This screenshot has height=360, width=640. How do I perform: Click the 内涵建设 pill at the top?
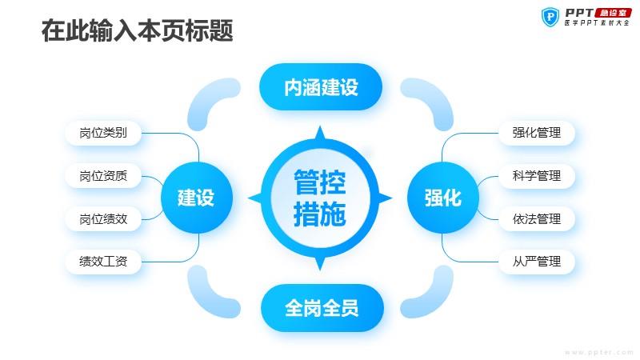pyautogui.click(x=321, y=87)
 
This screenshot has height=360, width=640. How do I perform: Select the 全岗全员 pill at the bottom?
pyautogui.click(x=322, y=308)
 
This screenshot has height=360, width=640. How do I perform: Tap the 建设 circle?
pyautogui.click(x=197, y=198)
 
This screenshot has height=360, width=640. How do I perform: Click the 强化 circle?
pyautogui.click(x=443, y=198)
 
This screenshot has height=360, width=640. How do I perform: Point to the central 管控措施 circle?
pyautogui.click(x=320, y=198)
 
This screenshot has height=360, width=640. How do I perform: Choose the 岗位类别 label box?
pyautogui.click(x=103, y=133)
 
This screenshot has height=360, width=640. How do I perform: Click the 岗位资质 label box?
pyautogui.click(x=103, y=176)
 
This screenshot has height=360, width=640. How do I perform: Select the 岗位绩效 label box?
pyautogui.click(x=103, y=219)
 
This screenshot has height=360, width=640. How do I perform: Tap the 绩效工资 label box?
pyautogui.click(x=103, y=262)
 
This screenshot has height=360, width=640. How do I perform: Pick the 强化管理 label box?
pyautogui.click(x=537, y=133)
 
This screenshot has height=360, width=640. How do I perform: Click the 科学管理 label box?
pyautogui.click(x=537, y=176)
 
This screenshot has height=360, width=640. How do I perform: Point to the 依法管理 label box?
pyautogui.click(x=537, y=219)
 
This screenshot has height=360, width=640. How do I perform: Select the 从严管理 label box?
pyautogui.click(x=537, y=262)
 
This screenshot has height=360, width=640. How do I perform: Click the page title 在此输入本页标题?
pyautogui.click(x=137, y=30)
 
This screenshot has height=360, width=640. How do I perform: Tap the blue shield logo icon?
pyautogui.click(x=550, y=17)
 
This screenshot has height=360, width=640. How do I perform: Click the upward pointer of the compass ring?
pyautogui.click(x=321, y=133)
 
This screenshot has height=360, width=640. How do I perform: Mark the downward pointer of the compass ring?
pyautogui.click(x=321, y=263)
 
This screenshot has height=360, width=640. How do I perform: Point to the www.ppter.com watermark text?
pyautogui.click(x=598, y=352)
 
